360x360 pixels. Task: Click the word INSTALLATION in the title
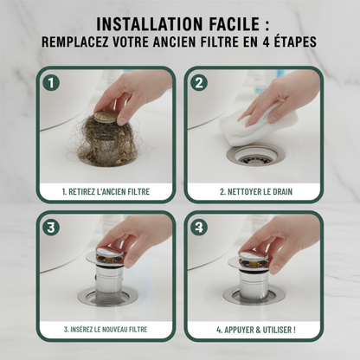point(150,24)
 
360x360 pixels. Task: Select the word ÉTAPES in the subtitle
point(293,42)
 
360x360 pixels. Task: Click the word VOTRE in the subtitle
point(131,42)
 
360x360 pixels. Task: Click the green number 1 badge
point(51,83)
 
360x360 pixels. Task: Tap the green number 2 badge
point(199,83)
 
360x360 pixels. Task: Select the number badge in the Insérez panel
point(51,228)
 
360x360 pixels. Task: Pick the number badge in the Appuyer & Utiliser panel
point(199,228)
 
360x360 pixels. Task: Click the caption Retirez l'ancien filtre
point(106,192)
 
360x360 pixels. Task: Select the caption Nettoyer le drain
point(256,192)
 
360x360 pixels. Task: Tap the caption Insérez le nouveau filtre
point(106,330)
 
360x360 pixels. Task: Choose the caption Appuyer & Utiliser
point(256,330)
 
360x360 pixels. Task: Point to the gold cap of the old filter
point(105,117)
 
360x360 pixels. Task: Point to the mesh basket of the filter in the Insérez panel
point(109,298)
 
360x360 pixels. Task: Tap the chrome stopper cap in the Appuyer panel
point(254,257)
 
